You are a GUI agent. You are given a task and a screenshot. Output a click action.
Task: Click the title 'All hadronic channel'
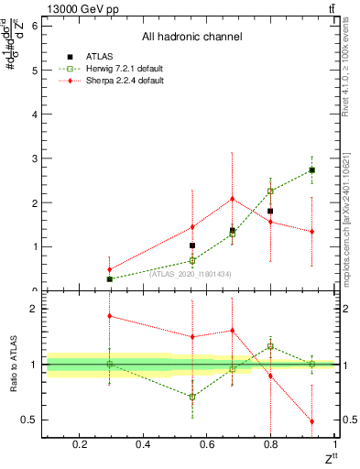(x=191, y=38)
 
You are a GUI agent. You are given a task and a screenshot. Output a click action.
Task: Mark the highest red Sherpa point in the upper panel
(x=233, y=199)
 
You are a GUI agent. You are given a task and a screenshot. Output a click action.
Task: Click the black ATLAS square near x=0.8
(x=270, y=211)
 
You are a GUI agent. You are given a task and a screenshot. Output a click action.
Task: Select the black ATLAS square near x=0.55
(x=191, y=245)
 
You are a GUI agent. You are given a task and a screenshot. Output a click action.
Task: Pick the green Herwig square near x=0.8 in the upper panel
(x=270, y=191)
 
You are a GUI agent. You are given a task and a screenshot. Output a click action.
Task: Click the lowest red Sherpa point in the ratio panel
(x=312, y=421)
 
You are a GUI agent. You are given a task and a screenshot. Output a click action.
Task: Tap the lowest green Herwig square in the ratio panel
(x=191, y=397)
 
